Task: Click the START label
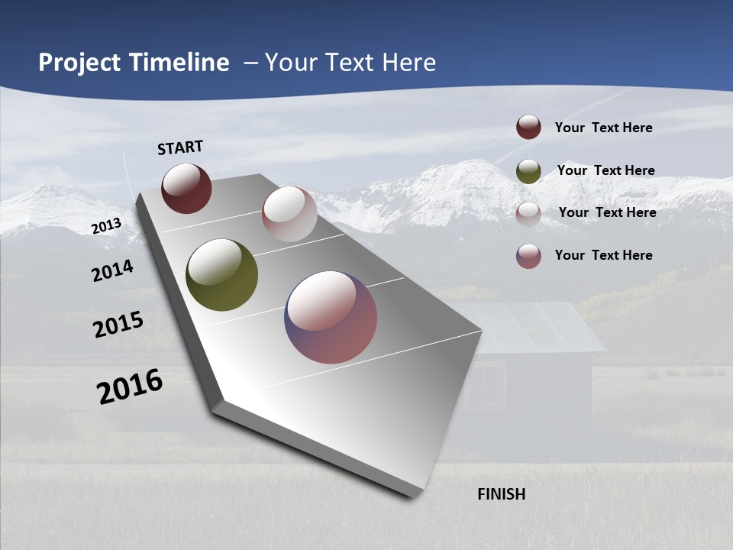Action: coord(180,147)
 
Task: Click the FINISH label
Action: coord(501,494)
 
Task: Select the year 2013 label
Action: coord(106,226)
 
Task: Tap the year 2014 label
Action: coord(112,270)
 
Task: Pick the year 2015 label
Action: coord(118,324)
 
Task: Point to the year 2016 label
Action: coord(130,387)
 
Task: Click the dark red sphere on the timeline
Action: coord(186,188)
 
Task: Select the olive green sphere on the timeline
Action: coord(221,275)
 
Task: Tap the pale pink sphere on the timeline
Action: coord(289,214)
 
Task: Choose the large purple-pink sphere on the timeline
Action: coord(331,317)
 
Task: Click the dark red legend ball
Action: coord(528,128)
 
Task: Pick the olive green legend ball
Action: coord(528,171)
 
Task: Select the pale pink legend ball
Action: coord(528,214)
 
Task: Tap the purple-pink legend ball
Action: coord(528,256)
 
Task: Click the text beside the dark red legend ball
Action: coord(603,128)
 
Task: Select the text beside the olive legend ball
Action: coord(605,170)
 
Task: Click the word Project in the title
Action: coord(79,63)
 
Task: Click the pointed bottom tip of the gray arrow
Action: coord(412,495)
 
